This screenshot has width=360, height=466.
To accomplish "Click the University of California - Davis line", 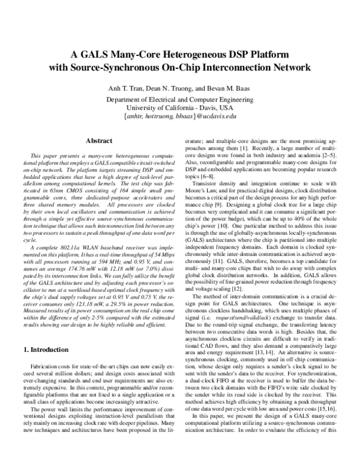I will click(x=180, y=107).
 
